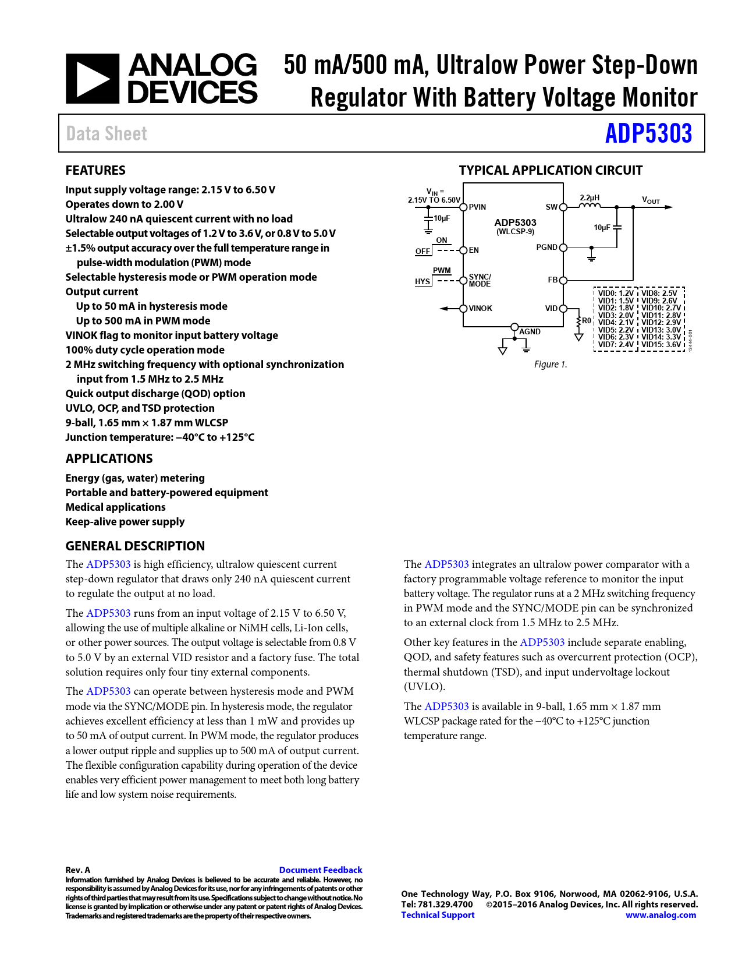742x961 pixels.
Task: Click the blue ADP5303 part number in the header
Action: click(648, 133)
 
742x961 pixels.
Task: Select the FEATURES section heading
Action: click(95, 170)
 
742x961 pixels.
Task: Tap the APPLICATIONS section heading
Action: click(109, 458)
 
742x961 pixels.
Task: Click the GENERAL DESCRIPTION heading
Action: click(135, 546)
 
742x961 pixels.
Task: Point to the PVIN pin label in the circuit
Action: click(477, 207)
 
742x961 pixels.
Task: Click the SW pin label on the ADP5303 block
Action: click(551, 207)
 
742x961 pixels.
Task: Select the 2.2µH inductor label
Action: click(590, 198)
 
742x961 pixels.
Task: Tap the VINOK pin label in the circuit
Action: click(480, 308)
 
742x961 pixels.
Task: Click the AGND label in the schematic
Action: click(530, 331)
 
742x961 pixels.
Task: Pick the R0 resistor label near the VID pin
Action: click(586, 320)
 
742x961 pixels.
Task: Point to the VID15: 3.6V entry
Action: click(661, 344)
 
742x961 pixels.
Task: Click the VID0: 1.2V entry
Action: click(616, 294)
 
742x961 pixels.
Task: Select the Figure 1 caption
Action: click(550, 364)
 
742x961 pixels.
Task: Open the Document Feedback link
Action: click(321, 870)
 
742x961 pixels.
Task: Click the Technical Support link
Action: click(438, 914)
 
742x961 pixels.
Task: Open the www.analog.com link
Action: click(661, 914)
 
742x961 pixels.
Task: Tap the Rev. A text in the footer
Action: click(78, 870)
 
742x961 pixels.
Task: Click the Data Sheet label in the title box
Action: click(106, 133)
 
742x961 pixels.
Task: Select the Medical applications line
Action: click(115, 507)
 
